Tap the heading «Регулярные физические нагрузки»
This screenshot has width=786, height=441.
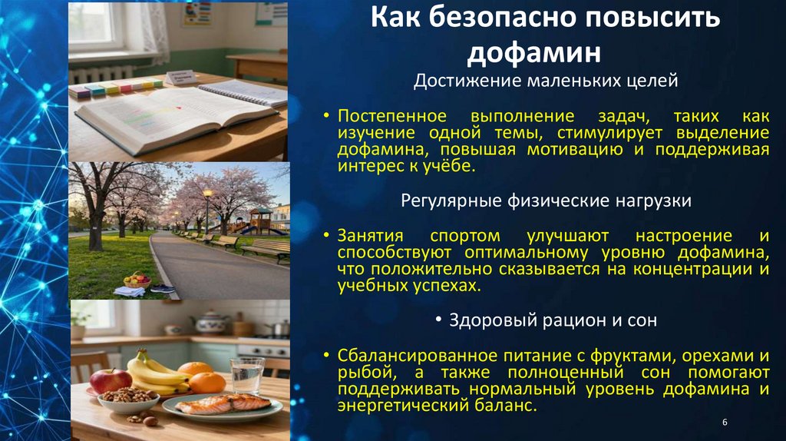coord(547,201)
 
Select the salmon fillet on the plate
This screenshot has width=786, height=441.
coord(226,403)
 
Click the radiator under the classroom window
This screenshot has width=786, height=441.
coord(101,74)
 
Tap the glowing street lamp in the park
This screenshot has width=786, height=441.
coord(207,197)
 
